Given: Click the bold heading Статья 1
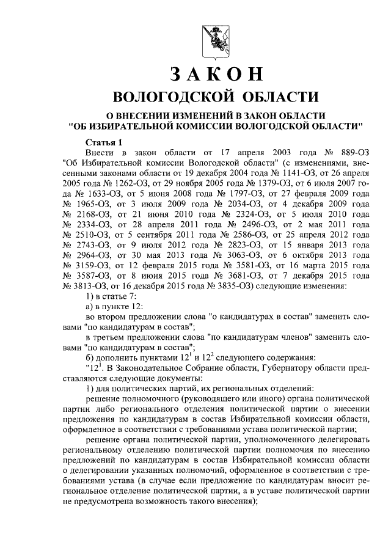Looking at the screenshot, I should click(104, 142).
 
